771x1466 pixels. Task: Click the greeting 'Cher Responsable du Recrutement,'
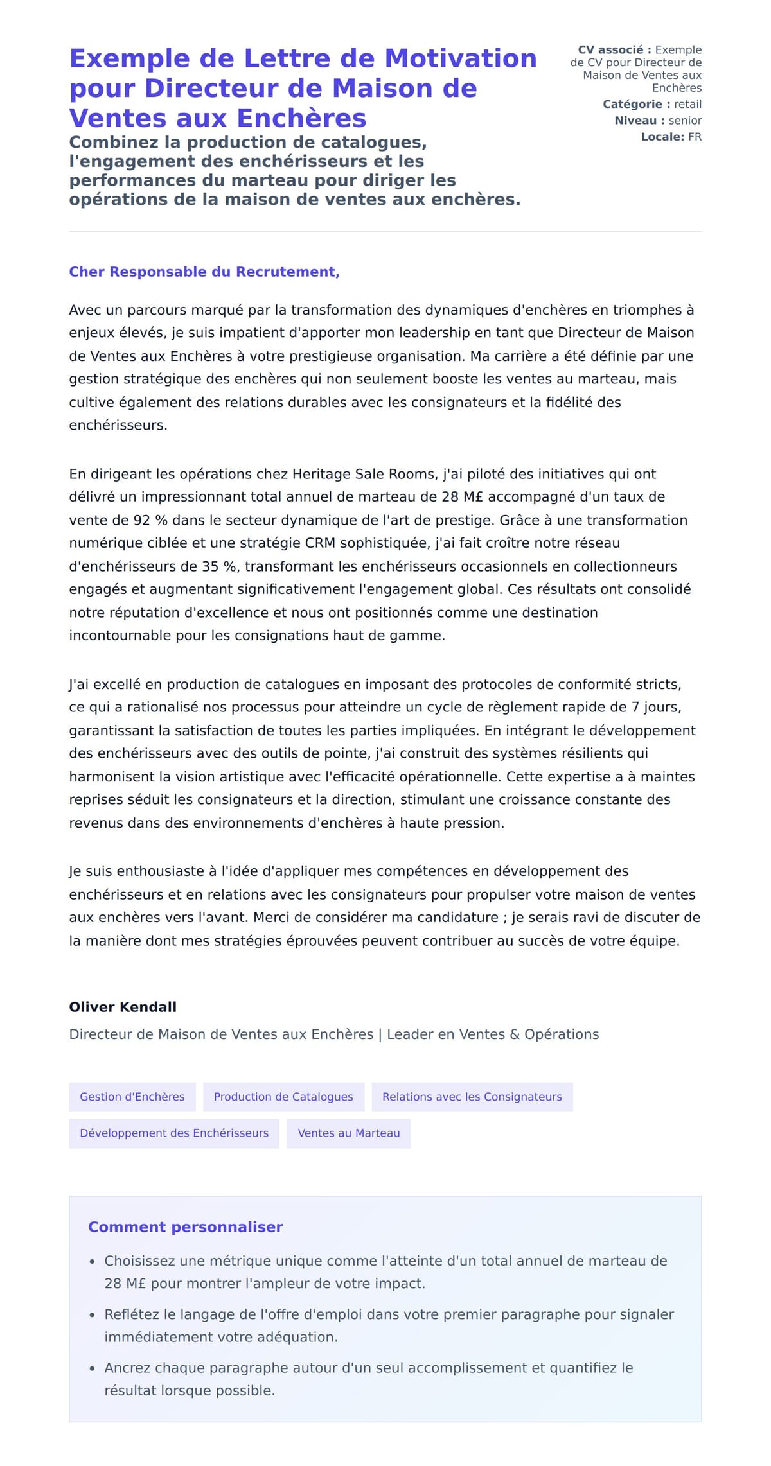click(204, 272)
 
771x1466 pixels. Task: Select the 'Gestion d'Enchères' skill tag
click(132, 1097)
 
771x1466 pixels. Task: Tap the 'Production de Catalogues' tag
click(283, 1097)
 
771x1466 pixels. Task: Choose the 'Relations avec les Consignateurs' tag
click(472, 1097)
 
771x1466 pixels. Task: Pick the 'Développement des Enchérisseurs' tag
click(174, 1133)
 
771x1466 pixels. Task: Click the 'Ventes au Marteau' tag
click(349, 1133)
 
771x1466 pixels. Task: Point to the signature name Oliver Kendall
click(123, 1007)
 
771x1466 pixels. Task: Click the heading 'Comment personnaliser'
click(185, 1227)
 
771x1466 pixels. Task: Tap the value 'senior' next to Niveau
click(685, 120)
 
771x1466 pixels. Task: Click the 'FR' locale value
click(695, 137)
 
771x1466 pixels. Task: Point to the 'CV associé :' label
click(614, 49)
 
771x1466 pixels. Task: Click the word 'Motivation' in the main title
click(461, 58)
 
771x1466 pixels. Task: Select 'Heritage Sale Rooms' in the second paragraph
click(364, 474)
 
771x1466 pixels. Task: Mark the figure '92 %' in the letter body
click(150, 520)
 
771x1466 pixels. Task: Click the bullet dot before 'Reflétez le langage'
click(93, 1316)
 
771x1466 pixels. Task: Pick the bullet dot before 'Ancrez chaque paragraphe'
click(93, 1369)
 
